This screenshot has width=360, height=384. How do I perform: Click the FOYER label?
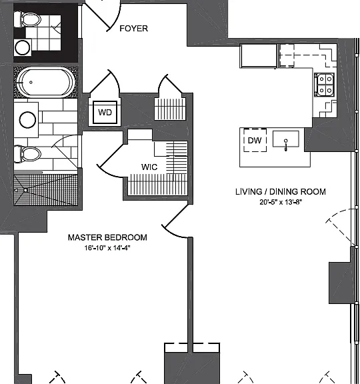(134, 29)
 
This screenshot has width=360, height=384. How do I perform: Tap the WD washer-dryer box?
(105, 113)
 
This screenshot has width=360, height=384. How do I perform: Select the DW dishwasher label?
(255, 140)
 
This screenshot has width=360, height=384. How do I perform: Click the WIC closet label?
(149, 167)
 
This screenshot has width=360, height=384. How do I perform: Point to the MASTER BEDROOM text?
(107, 237)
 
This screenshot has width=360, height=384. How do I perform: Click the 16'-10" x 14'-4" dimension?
(107, 248)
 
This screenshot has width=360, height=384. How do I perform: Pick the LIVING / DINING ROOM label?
(281, 191)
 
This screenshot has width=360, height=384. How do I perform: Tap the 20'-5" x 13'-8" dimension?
(281, 202)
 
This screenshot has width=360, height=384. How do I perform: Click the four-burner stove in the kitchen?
(325, 85)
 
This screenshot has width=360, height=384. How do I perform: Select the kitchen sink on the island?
(286, 139)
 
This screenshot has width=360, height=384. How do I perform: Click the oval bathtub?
(45, 82)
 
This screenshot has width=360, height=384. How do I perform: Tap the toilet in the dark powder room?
(27, 19)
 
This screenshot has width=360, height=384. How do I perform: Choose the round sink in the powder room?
(23, 48)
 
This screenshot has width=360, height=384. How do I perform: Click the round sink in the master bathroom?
(27, 120)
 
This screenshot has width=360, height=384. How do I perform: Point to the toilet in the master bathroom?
(27, 154)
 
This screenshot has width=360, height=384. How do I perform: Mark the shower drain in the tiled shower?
(25, 190)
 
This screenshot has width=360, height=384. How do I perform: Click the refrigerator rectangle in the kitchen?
(259, 56)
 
